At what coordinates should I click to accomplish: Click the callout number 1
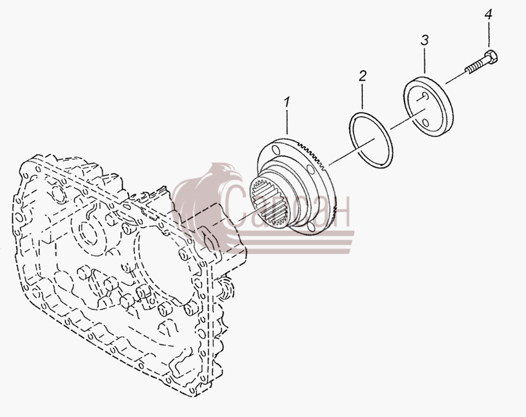point(287,102)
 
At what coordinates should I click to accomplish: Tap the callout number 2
point(362,76)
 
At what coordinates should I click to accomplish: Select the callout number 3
point(424,40)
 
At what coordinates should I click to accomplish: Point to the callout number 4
point(488,15)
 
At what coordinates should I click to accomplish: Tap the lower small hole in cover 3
point(425,123)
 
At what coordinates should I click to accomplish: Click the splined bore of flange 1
point(269,202)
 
